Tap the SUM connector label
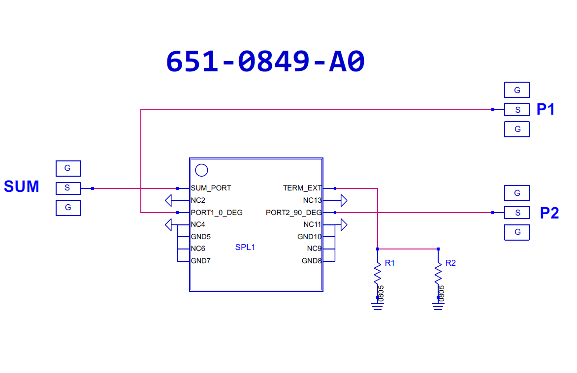(x=22, y=186)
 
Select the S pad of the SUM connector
(x=68, y=188)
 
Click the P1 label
(x=545, y=109)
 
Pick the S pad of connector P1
(x=517, y=110)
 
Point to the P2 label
(x=549, y=213)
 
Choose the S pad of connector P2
(x=517, y=213)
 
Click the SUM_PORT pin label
(x=211, y=188)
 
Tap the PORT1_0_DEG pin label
(x=217, y=213)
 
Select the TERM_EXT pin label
(x=302, y=188)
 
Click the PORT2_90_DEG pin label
(x=294, y=213)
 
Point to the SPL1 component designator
(x=245, y=247)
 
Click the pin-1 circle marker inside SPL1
(x=201, y=170)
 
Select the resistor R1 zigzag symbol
(x=378, y=274)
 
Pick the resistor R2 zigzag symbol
(x=438, y=274)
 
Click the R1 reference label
(x=390, y=263)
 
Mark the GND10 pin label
(x=309, y=237)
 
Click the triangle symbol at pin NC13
(x=344, y=200)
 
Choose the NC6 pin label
(x=198, y=249)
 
